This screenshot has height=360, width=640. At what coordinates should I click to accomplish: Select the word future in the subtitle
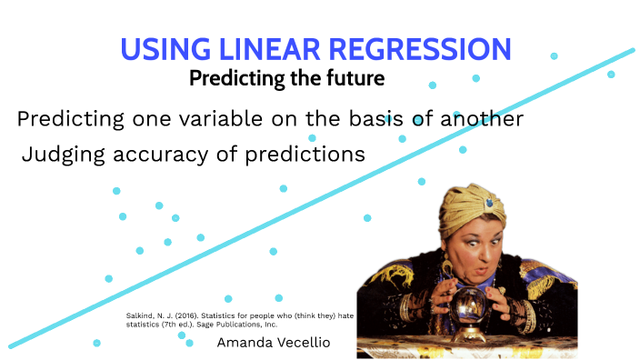354,78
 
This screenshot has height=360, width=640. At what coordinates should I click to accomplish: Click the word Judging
64,155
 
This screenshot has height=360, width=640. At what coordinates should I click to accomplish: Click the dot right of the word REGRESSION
554,56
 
